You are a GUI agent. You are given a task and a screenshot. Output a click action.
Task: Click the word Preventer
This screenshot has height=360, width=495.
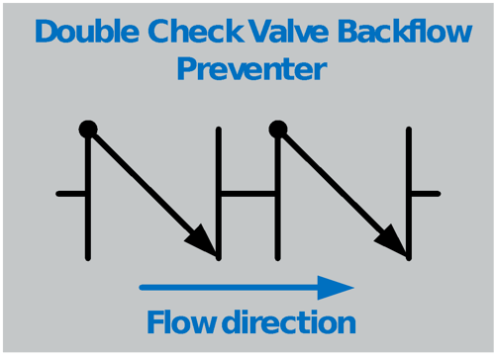(251, 71)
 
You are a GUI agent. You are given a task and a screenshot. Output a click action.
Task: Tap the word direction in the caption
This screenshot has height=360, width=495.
(288, 322)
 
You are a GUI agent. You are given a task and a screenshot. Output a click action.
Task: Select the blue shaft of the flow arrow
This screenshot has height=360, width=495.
(228, 288)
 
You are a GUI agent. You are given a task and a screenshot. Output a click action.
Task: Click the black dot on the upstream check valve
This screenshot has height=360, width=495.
(88, 129)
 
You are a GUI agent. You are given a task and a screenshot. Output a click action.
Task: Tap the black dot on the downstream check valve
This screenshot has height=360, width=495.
(278, 129)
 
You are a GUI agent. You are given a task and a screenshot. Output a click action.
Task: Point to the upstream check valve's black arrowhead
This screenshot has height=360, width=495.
(203, 240)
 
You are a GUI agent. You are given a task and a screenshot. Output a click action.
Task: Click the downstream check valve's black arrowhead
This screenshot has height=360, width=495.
(393, 240)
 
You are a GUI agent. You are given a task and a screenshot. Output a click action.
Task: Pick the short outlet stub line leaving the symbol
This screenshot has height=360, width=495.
(425, 193)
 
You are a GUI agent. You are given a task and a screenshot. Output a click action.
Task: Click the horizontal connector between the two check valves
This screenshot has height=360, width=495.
(248, 193)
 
